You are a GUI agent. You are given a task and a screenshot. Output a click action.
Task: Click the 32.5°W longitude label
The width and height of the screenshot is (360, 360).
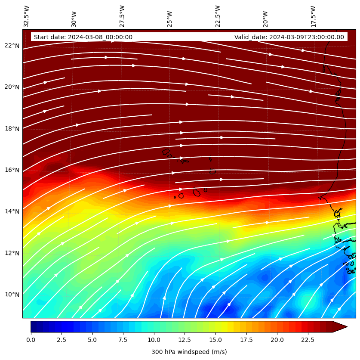(27, 16)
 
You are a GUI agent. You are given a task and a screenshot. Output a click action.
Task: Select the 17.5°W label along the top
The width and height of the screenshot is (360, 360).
(314, 16)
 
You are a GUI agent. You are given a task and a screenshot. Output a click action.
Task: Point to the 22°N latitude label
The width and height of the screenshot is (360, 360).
(12, 46)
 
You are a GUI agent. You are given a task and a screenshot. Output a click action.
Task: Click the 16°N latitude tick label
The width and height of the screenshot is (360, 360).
(12, 170)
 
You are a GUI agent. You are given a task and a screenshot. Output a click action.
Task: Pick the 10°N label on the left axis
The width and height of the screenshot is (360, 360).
(12, 295)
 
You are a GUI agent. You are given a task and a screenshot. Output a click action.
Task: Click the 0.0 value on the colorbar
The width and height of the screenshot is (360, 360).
(31, 340)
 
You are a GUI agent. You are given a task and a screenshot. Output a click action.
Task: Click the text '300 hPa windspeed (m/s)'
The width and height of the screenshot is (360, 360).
(189, 352)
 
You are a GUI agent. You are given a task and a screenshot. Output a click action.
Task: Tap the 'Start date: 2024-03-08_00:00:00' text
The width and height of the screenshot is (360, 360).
(83, 37)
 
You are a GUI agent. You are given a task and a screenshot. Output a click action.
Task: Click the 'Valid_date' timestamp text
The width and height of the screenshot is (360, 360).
(289, 37)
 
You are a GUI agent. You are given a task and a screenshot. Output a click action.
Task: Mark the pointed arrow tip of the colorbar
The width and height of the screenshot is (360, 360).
(346, 327)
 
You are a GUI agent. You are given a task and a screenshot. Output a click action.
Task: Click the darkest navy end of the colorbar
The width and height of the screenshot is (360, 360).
(34, 327)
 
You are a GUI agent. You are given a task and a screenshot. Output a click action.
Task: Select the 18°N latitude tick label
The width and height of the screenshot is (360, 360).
(12, 128)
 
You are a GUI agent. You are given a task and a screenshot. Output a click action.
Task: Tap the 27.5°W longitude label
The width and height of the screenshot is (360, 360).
(122, 16)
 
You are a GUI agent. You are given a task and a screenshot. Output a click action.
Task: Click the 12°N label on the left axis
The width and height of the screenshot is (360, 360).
(12, 253)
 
